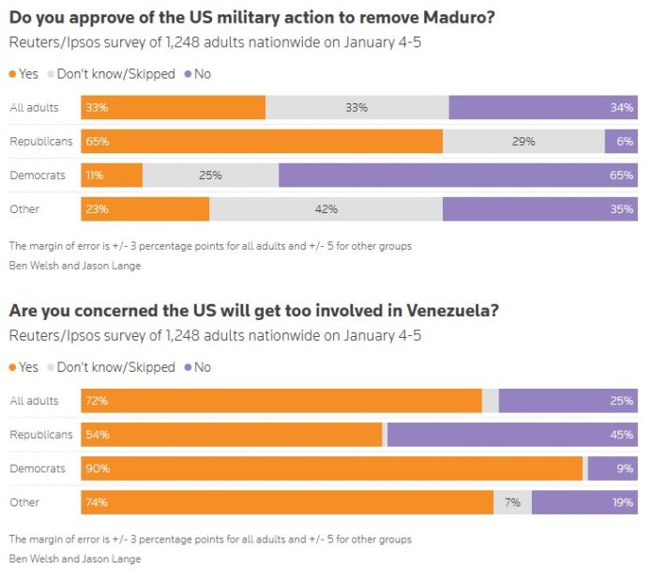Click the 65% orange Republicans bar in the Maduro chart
click(262, 142)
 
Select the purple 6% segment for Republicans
click(621, 142)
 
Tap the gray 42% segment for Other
click(326, 209)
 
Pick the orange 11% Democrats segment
click(112, 176)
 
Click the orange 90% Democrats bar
click(332, 468)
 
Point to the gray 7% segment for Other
click(512, 502)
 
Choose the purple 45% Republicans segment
click(512, 435)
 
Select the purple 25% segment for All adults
click(568, 401)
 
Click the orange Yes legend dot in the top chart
click(12, 74)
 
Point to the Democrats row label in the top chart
click(37, 176)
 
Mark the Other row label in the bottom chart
click(24, 502)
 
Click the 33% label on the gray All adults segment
click(356, 108)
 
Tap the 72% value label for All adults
click(97, 401)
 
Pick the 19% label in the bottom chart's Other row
click(622, 502)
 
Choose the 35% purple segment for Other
click(539, 209)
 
